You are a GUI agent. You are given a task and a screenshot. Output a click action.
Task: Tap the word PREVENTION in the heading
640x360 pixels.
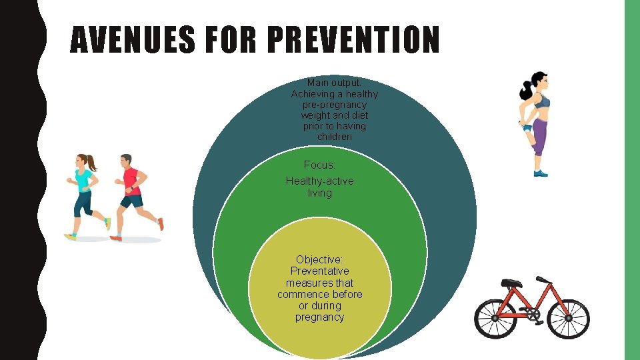[353, 41]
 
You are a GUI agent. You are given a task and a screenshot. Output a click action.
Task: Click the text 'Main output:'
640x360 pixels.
[334, 83]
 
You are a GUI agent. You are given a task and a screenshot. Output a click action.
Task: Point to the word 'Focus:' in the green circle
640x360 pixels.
[319, 165]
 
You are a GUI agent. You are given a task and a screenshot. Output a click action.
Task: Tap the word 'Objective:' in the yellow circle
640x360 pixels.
[319, 259]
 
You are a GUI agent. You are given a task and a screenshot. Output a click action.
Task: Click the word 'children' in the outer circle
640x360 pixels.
[334, 137]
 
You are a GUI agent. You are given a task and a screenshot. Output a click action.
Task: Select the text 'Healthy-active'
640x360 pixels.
[319, 181]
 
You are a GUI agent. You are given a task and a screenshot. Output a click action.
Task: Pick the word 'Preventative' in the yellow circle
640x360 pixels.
[319, 271]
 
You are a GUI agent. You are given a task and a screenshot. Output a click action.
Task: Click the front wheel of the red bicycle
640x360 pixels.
[569, 319]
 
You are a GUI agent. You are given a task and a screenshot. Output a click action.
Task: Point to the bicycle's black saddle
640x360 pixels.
[511, 283]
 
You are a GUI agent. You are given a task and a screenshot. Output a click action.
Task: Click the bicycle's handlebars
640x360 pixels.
[543, 279]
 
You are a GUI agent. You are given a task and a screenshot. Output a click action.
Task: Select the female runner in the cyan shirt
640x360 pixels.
[84, 194]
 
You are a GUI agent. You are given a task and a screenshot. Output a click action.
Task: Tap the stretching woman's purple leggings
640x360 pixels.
[539, 137]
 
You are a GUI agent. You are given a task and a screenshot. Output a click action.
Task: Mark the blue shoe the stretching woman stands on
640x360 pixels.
[541, 173]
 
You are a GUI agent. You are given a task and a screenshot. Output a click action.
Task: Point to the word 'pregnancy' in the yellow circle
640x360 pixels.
[319, 317]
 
